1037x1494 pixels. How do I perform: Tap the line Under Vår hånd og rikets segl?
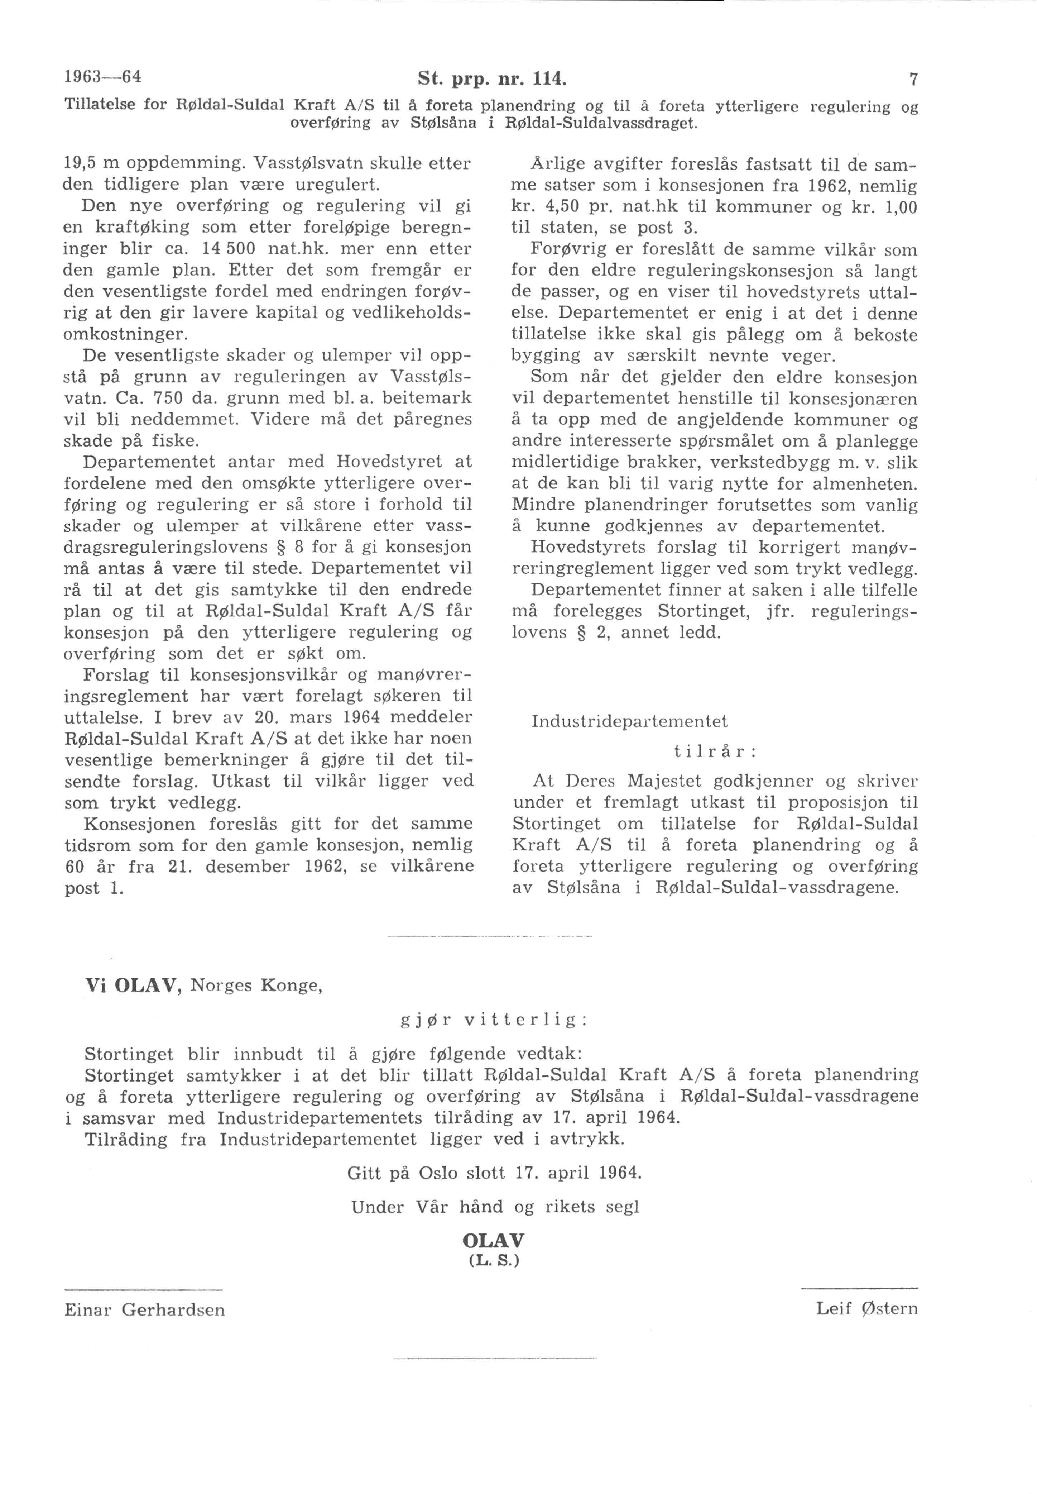point(495,1207)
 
